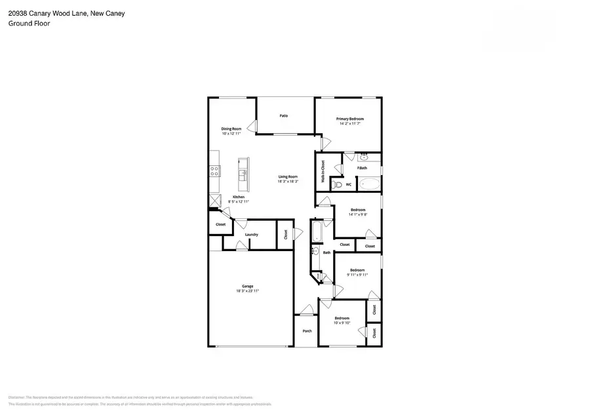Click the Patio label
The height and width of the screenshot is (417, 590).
(284, 116)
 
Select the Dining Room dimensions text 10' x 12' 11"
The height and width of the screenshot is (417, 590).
(231, 134)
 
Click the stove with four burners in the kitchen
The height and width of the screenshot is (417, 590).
(214, 171)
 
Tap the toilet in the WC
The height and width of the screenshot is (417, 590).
(337, 185)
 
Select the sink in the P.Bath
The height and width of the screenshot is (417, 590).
(364, 158)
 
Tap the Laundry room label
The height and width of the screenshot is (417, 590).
(251, 235)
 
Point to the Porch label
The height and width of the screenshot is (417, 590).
(307, 331)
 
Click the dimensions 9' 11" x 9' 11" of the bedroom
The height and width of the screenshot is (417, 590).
(357, 275)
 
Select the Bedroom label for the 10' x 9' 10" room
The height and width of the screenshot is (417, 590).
(342, 318)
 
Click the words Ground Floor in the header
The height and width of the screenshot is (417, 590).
(29, 23)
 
